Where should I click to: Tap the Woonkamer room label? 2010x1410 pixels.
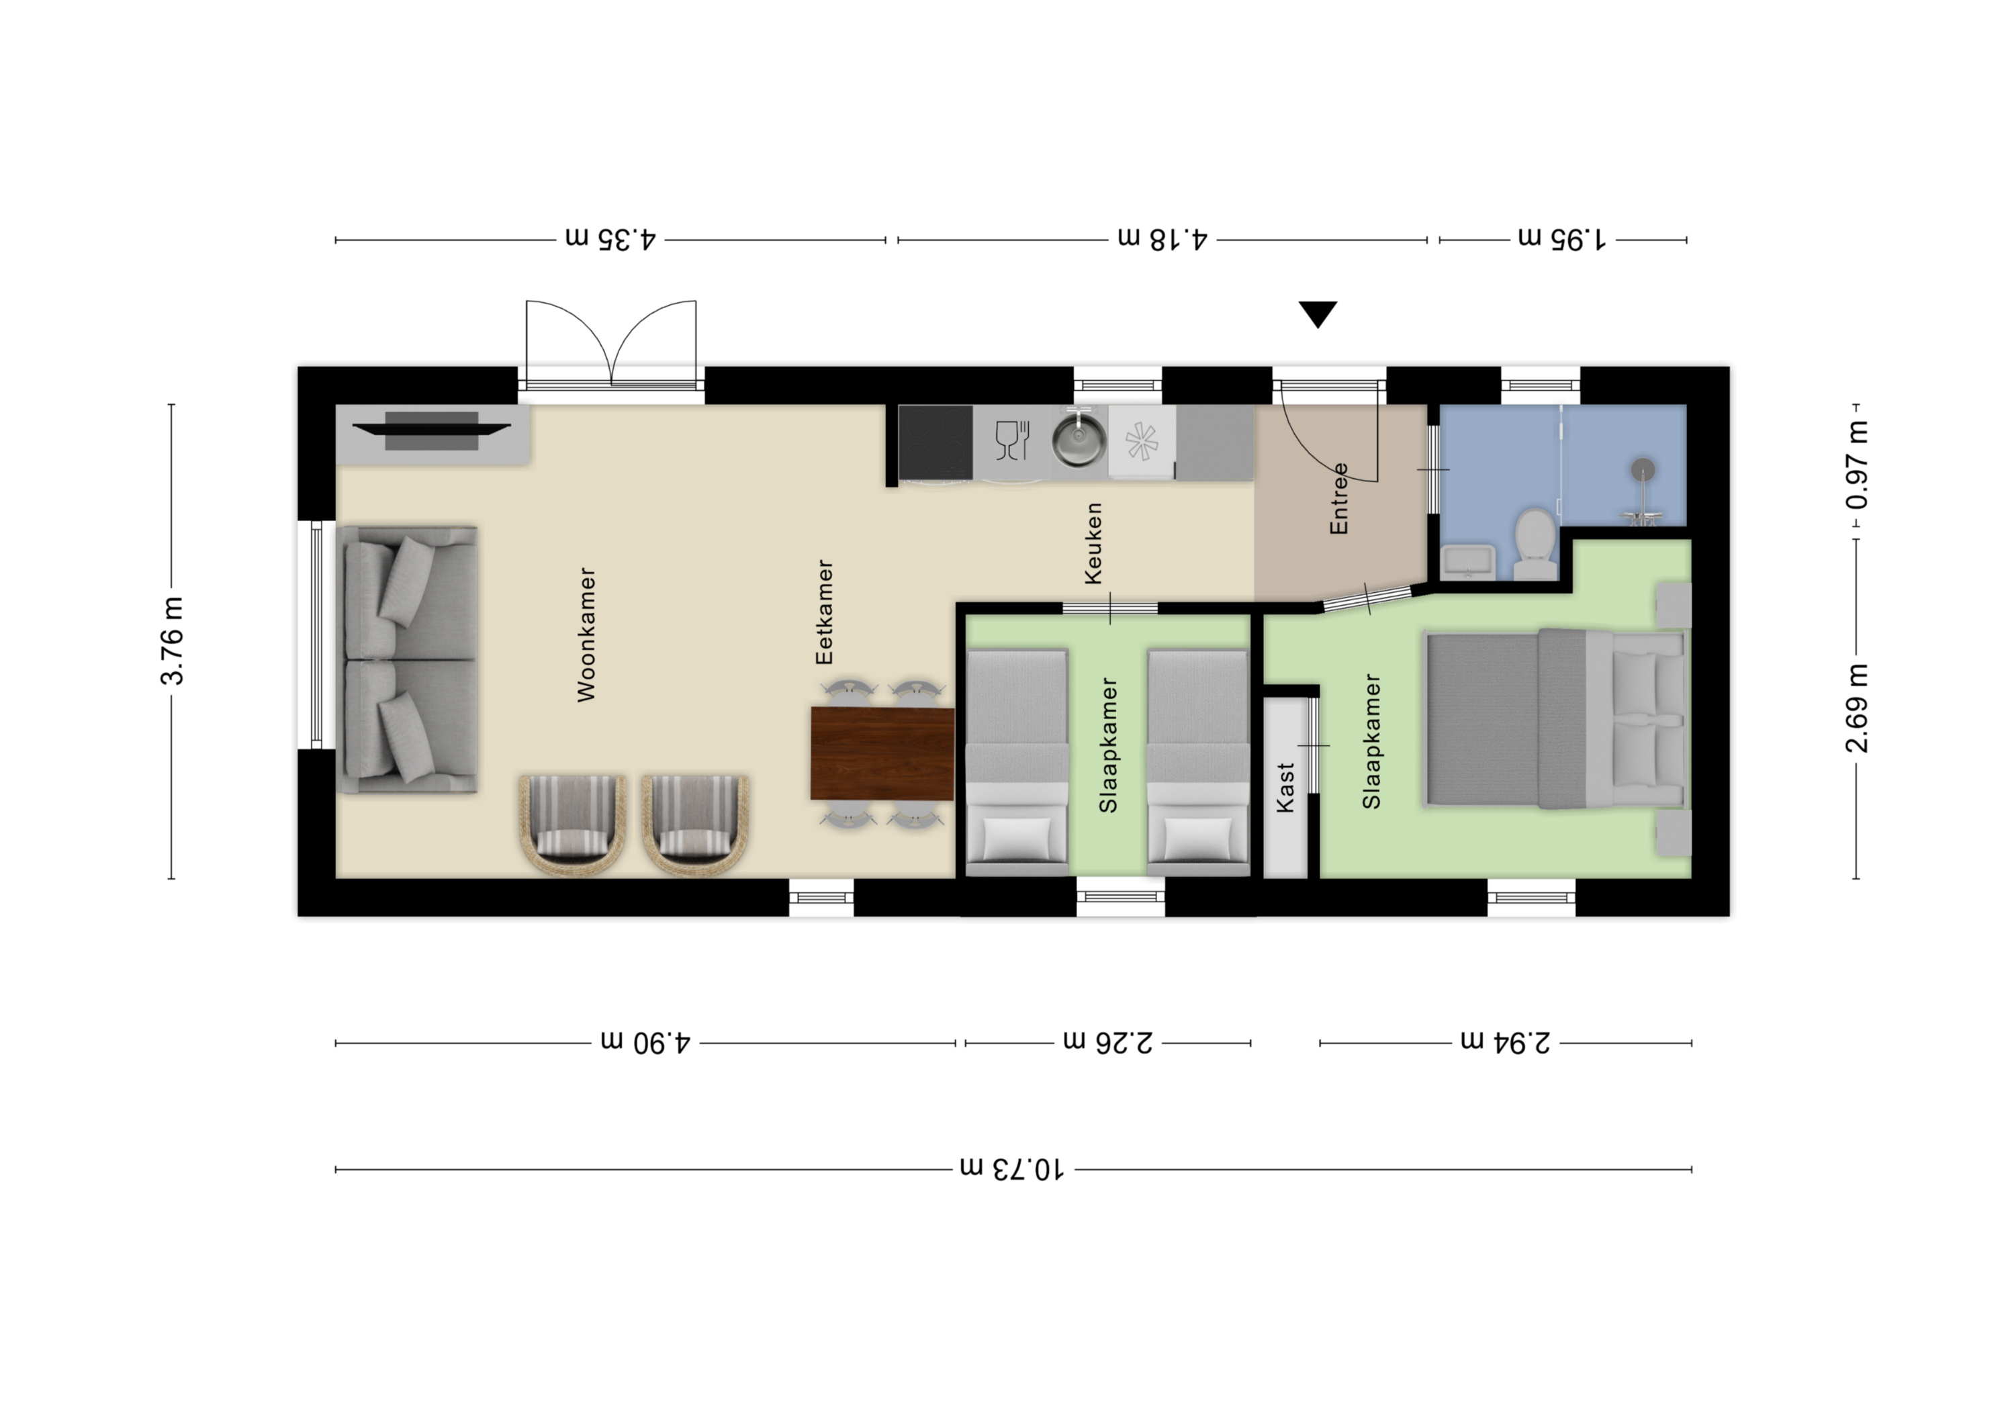click(x=586, y=634)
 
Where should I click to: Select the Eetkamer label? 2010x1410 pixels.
click(x=824, y=612)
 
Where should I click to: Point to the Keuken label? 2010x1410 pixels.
click(x=1093, y=543)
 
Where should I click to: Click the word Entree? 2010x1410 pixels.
click(x=1338, y=499)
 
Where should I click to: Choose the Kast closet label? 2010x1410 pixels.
click(x=1285, y=788)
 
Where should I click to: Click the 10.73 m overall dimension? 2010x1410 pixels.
click(x=1013, y=1168)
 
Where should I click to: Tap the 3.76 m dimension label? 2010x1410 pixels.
click(x=172, y=641)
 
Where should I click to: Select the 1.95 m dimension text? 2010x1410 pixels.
click(x=1563, y=238)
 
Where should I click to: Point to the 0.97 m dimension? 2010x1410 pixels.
click(x=1856, y=465)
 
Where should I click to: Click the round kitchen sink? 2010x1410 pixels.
click(x=1079, y=442)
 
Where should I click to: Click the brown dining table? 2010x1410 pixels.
click(x=882, y=753)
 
